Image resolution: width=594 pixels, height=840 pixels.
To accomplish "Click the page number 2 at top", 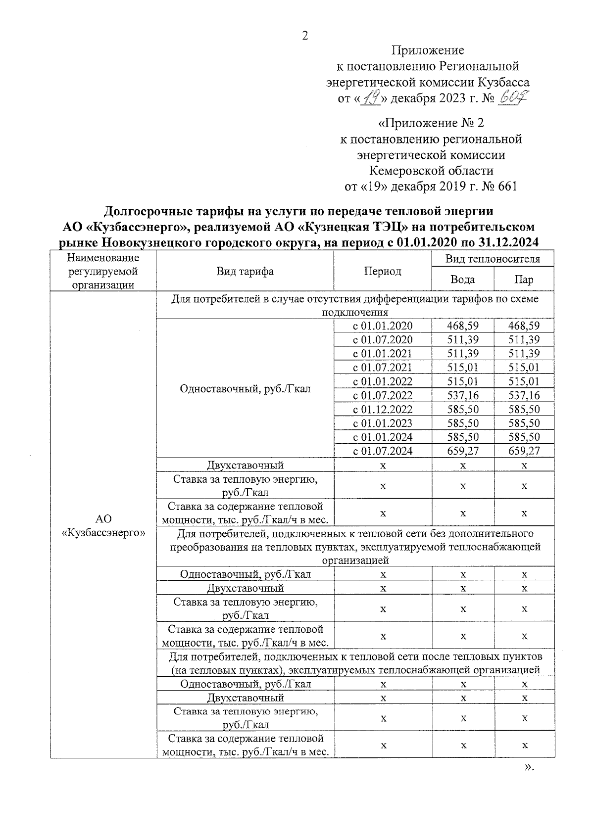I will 305,36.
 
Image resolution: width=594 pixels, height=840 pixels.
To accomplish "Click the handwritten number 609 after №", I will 513,98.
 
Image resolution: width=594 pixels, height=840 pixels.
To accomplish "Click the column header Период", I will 383,271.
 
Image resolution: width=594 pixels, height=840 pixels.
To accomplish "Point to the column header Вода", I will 462,280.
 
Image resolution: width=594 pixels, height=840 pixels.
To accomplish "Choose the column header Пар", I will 524,280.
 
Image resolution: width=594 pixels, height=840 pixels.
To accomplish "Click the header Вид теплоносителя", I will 493,259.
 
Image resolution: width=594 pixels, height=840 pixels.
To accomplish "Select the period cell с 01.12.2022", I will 383,409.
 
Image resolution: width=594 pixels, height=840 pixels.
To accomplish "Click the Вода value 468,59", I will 462,326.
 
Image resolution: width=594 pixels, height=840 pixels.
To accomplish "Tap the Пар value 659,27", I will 524,451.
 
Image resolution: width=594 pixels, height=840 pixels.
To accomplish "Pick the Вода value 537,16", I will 462,395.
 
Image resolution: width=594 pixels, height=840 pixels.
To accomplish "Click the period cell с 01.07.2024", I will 383,451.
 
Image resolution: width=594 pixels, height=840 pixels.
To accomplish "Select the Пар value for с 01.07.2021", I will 524,367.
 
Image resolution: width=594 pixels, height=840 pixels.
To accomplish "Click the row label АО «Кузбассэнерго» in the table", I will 103,525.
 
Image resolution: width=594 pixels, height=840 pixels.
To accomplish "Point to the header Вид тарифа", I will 245,271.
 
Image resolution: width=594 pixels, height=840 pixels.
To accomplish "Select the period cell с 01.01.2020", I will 383,326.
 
